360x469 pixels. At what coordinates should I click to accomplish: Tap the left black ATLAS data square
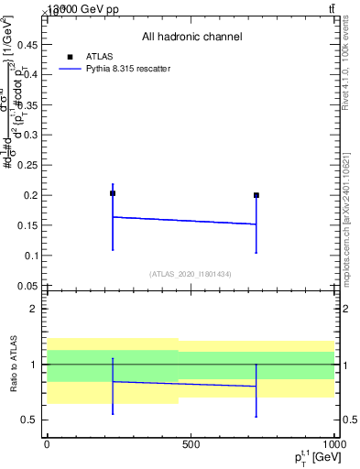click(x=113, y=193)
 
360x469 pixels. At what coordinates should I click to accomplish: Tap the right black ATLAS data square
click(x=256, y=195)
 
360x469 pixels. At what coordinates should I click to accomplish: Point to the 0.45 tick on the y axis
click(x=30, y=45)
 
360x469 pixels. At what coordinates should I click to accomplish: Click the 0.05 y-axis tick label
click(x=30, y=286)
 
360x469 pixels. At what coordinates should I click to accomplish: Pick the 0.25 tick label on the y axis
click(x=30, y=166)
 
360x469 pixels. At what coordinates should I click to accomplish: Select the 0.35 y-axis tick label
click(x=30, y=105)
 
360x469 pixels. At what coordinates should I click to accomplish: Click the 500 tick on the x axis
click(x=191, y=444)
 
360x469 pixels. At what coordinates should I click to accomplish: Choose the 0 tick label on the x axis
click(x=48, y=444)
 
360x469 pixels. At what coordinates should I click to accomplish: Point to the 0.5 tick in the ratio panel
click(x=32, y=420)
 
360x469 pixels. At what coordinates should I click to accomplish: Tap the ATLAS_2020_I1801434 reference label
click(x=191, y=274)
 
